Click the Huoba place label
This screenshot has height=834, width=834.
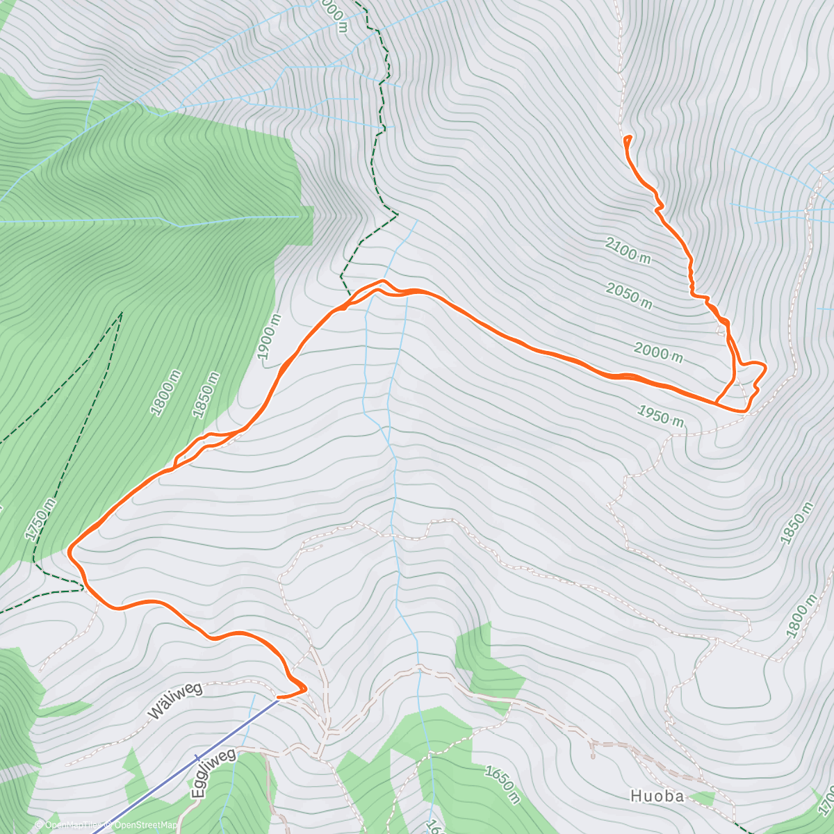[x=657, y=796]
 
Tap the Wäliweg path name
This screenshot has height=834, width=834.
[x=175, y=700]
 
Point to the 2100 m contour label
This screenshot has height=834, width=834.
[x=628, y=250]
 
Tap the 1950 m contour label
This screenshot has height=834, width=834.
[x=661, y=417]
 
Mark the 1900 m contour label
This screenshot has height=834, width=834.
[x=270, y=337]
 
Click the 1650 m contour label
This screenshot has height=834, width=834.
[x=502, y=785]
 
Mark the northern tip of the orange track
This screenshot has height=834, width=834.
[x=628, y=136]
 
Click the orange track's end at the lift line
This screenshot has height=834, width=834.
[x=278, y=696]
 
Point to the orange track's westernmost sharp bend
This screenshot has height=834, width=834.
[x=69, y=550]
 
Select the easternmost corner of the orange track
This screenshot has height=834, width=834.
[x=765, y=366]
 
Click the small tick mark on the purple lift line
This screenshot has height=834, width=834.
[x=197, y=759]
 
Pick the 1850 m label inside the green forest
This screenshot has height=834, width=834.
[x=206, y=395]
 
